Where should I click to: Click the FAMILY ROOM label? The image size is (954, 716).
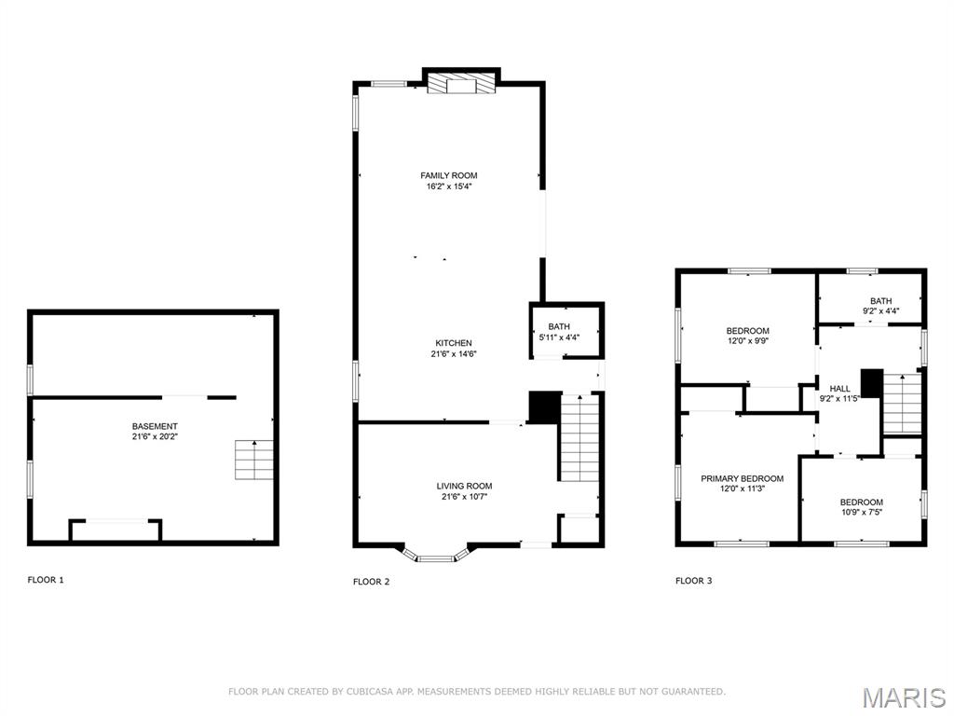(449, 175)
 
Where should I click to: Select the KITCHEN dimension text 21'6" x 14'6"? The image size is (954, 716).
(454, 354)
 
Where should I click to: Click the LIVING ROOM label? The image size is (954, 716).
(464, 486)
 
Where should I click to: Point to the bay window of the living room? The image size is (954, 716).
(433, 557)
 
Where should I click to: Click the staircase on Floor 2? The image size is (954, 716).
(579, 437)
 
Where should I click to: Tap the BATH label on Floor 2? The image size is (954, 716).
(559, 326)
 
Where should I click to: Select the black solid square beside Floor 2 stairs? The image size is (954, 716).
(544, 407)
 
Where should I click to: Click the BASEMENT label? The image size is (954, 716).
(155, 426)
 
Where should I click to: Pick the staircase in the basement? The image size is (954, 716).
(250, 460)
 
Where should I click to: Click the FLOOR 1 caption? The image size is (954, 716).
(46, 580)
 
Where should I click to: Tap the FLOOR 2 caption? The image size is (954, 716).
(371, 582)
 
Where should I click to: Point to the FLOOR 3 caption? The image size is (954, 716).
(693, 581)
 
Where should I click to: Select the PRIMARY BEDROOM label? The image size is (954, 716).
(742, 478)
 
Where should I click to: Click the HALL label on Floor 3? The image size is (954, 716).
(840, 389)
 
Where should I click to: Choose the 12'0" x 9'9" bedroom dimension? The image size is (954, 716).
(747, 341)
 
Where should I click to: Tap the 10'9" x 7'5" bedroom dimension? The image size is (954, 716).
(861, 513)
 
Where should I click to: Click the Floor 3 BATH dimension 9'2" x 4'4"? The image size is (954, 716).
(880, 310)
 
